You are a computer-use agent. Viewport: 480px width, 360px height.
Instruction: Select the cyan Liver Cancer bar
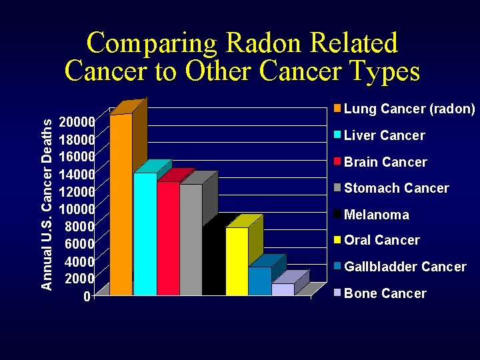point(145,233)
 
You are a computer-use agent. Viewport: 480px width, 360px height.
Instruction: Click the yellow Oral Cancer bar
point(237,261)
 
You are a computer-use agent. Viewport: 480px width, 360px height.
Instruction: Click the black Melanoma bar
point(213,263)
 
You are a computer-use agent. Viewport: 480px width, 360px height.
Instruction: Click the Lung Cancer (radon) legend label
point(409,109)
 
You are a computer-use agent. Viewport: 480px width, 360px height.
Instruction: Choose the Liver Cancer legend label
point(384,135)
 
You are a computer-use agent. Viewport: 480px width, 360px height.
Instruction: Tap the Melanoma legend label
point(377,215)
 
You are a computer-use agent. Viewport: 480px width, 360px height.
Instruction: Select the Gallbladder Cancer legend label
point(405,267)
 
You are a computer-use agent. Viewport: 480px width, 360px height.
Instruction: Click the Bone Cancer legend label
point(385,293)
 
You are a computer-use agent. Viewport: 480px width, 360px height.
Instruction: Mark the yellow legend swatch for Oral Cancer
point(338,239)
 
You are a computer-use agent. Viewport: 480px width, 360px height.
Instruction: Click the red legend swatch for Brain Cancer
point(338,161)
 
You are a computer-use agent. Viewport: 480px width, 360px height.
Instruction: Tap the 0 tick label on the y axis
point(87,295)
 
